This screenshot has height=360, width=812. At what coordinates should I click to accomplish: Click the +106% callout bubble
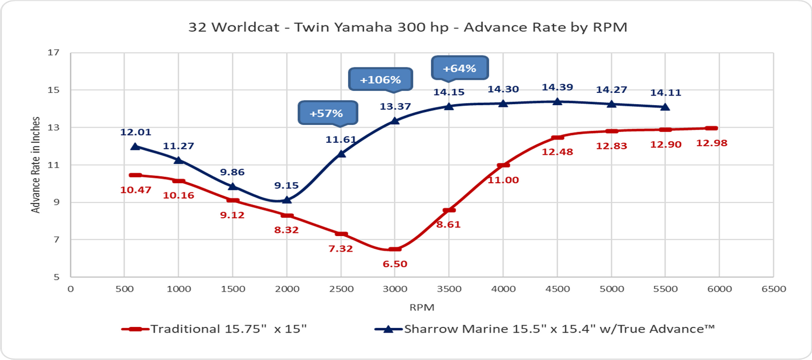click(381, 79)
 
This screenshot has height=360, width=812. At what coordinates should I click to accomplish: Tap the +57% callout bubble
click(327, 113)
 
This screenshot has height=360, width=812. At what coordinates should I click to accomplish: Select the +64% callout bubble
click(460, 68)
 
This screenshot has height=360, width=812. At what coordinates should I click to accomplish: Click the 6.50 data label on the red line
click(395, 264)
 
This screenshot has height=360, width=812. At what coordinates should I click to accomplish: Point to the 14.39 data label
click(557, 87)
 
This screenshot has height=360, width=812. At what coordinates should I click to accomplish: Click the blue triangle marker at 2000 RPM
click(287, 200)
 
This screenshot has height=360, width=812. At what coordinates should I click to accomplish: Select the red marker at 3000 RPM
click(395, 249)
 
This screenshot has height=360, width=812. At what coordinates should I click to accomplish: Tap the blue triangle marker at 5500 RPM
click(665, 107)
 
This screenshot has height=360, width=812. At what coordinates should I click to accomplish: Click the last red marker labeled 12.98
click(712, 128)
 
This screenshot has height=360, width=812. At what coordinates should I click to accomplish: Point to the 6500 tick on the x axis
click(773, 289)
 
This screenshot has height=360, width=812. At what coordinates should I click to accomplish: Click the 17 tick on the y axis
click(54, 52)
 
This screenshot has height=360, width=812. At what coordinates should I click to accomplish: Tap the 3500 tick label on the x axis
click(449, 289)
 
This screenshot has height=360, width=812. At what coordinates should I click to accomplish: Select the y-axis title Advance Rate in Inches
click(36, 165)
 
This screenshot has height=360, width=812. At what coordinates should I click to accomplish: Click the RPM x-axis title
click(422, 307)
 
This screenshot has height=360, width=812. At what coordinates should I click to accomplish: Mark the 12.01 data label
click(136, 133)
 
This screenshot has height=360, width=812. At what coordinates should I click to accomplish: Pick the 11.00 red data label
click(503, 180)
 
